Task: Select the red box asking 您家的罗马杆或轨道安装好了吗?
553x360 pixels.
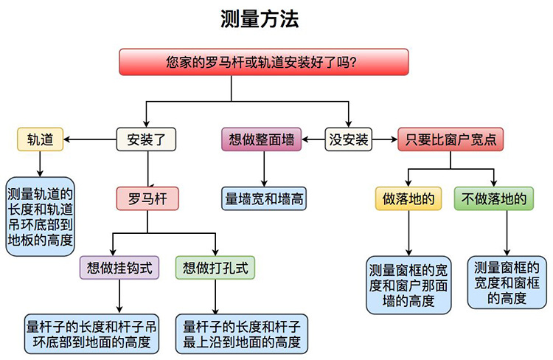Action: pos(263,62)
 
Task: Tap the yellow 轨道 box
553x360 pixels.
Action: pos(40,139)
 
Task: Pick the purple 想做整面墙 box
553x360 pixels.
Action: pos(261,139)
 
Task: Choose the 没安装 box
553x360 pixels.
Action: pos(349,139)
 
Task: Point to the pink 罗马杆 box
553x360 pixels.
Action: pos(147,198)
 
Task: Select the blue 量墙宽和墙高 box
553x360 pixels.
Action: pos(264,198)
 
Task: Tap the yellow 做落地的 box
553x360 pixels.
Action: pos(408,198)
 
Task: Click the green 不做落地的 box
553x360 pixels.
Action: pos(493,198)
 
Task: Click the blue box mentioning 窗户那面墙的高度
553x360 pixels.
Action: pos(408,285)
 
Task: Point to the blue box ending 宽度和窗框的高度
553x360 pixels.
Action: pos(507,283)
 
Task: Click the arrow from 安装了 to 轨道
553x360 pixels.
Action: pos(90,139)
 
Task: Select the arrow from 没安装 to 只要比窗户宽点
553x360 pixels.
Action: pos(384,139)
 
